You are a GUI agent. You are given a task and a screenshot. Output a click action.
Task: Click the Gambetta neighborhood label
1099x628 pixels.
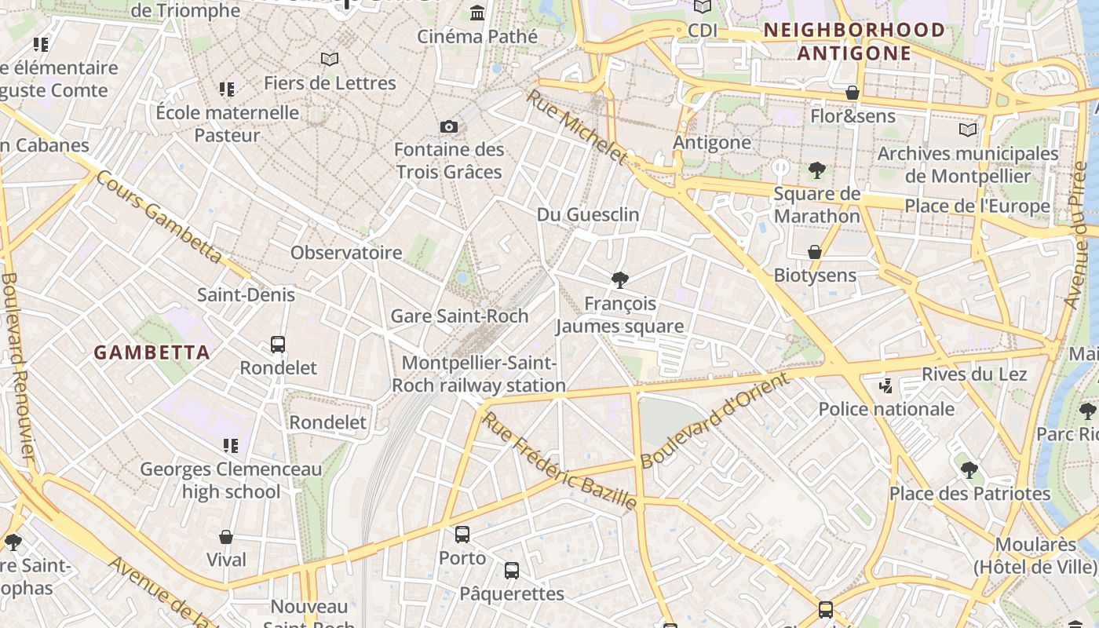point(152,352)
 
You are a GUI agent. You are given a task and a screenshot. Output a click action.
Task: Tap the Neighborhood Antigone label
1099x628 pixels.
point(854,42)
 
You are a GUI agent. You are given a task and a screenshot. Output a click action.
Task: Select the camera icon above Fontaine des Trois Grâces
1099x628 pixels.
point(449,126)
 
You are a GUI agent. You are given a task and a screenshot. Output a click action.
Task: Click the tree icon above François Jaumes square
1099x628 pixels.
point(620,279)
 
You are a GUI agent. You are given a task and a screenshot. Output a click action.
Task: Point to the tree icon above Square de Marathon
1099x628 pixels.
point(816,170)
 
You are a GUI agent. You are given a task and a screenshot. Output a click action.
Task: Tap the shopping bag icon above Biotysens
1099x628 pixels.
point(815,252)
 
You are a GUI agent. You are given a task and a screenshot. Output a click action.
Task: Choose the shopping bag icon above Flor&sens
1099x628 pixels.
point(853,93)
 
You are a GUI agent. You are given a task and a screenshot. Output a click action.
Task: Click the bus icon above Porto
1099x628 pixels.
point(462,535)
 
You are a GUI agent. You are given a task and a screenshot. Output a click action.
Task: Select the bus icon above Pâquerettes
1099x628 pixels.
point(512,571)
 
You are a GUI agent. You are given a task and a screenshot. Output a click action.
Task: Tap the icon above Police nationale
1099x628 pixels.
point(886,385)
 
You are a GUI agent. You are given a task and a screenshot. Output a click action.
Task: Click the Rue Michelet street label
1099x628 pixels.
point(577,127)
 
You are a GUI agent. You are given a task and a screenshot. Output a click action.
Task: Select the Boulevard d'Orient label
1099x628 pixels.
point(714,422)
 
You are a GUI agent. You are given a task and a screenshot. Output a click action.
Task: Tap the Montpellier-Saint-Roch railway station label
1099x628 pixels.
point(479,374)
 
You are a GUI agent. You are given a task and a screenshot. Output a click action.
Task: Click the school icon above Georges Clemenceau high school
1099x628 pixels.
point(230,446)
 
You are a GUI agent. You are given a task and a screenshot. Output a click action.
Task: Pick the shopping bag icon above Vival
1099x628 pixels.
point(226,537)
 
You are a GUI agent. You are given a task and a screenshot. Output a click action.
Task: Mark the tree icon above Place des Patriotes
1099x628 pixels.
point(969,470)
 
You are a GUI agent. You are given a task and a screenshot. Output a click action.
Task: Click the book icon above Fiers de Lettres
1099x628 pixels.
point(330,59)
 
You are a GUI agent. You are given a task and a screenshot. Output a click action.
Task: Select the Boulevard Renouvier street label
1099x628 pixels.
point(17,365)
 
